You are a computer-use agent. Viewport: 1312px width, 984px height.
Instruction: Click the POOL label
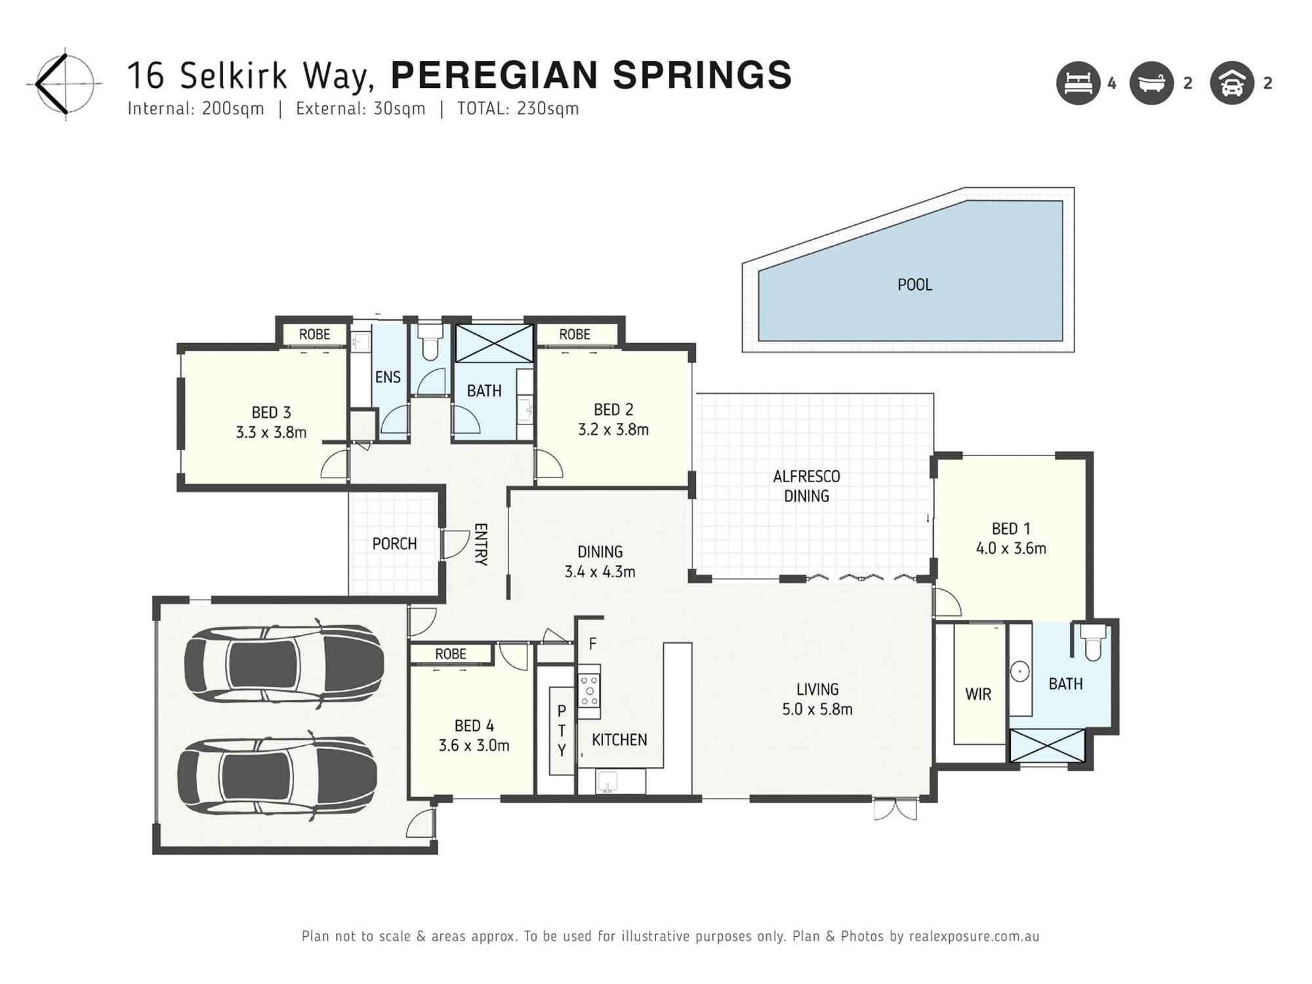[x=914, y=285]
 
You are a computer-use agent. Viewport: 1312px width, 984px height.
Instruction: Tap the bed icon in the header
[x=1078, y=83]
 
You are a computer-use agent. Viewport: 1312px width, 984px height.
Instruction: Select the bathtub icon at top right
[x=1151, y=83]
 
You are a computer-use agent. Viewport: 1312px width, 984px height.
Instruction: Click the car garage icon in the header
[x=1232, y=83]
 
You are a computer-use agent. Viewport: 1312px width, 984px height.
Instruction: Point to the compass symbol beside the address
[x=64, y=84]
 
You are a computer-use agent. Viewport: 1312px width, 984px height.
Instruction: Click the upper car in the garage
[x=283, y=664]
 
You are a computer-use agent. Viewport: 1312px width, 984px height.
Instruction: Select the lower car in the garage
[x=277, y=777]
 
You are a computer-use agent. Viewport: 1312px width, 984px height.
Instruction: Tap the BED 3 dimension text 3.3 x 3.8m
[x=271, y=433]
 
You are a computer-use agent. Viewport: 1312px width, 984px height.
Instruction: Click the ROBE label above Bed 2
[x=575, y=335]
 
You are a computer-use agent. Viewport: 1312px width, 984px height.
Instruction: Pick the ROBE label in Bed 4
[x=451, y=654]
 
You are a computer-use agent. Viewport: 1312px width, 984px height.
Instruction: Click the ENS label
[x=388, y=377]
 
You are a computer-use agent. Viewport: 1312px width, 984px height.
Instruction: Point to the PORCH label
[x=394, y=544]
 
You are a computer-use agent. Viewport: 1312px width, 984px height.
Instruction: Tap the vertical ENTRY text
[x=481, y=544]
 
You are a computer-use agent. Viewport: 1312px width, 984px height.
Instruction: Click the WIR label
[x=978, y=694]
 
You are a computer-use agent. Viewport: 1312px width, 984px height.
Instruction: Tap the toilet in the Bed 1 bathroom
[x=1092, y=644]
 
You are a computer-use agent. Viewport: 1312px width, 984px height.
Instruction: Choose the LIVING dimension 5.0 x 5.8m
[x=817, y=709]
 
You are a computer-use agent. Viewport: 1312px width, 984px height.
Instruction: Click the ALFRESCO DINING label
[x=806, y=486]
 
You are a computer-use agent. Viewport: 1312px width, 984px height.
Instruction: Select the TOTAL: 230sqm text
[x=518, y=109]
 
